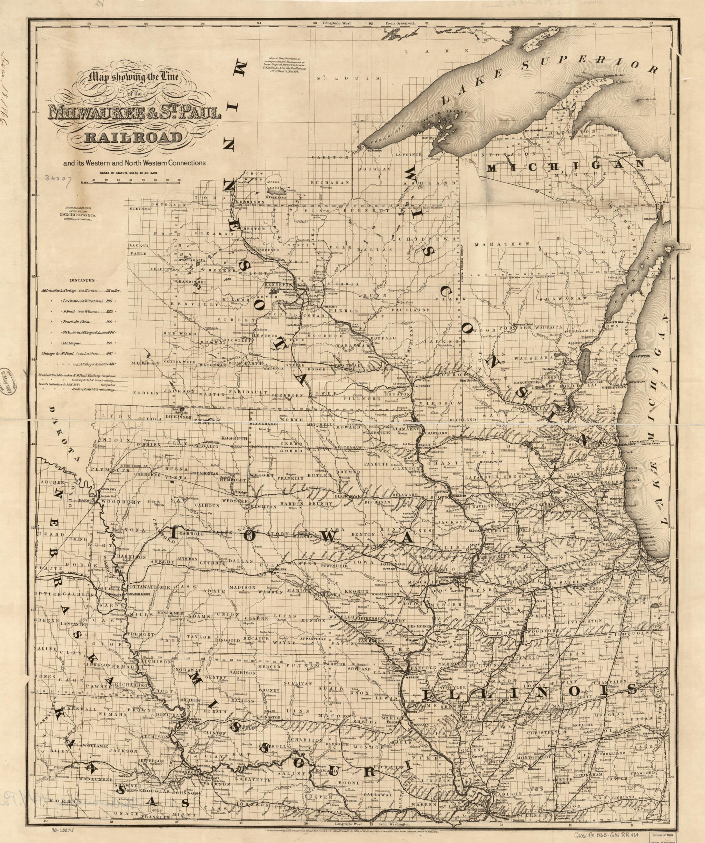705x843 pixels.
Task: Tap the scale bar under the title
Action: (x=130, y=182)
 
